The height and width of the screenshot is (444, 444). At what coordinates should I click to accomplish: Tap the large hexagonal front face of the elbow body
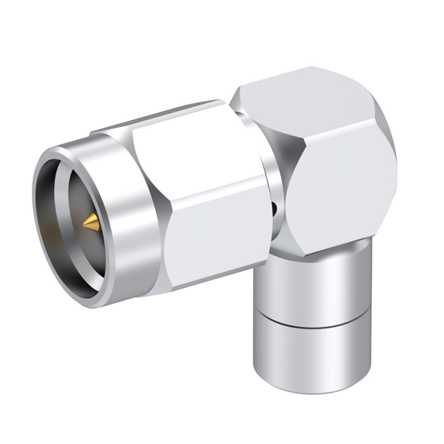[x=340, y=180]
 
